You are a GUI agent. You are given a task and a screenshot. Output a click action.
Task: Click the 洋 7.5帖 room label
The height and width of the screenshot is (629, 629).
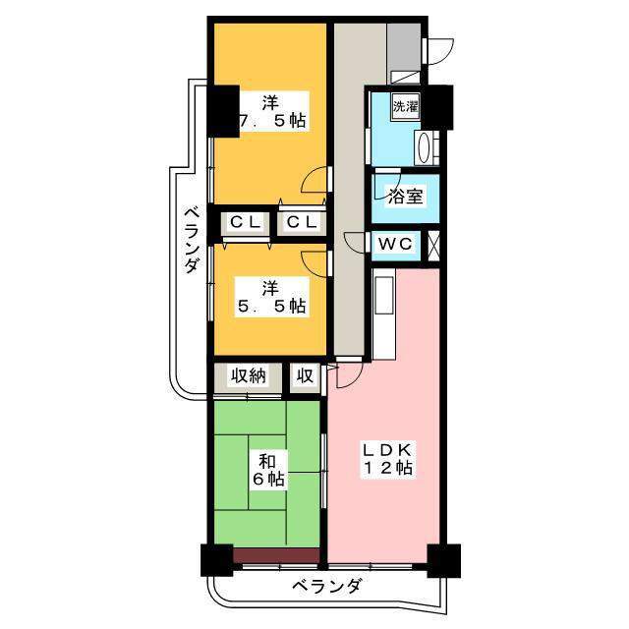273,111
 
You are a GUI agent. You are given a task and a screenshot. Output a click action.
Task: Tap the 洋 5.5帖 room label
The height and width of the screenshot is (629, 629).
272,297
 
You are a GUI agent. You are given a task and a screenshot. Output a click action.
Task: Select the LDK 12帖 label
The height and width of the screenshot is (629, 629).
387,459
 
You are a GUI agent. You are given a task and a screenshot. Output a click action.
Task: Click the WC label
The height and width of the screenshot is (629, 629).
395,244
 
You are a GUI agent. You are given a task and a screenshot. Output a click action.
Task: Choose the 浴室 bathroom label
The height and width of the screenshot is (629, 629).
406,197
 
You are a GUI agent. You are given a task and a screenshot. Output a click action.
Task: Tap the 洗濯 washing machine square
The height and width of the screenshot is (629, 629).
406,107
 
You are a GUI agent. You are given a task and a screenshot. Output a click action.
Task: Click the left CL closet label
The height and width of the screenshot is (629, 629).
245,222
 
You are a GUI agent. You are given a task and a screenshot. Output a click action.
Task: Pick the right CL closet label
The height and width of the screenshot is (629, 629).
302,222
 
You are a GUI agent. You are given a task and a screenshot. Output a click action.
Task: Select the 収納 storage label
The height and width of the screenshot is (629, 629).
248,376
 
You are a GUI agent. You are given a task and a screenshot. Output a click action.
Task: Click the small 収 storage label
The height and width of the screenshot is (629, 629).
306,376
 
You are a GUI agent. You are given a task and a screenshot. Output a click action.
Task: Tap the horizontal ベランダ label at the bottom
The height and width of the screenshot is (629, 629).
326,587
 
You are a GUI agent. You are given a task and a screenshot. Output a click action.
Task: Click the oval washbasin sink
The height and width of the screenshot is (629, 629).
424,148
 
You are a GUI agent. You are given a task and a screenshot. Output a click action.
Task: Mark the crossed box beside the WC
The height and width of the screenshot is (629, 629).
433,245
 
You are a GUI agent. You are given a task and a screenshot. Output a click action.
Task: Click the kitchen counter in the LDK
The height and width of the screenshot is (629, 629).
384,313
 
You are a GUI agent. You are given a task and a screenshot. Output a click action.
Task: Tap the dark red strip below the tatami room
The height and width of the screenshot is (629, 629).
276,556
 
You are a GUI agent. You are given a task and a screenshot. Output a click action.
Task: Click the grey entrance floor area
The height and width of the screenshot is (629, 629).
404,47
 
